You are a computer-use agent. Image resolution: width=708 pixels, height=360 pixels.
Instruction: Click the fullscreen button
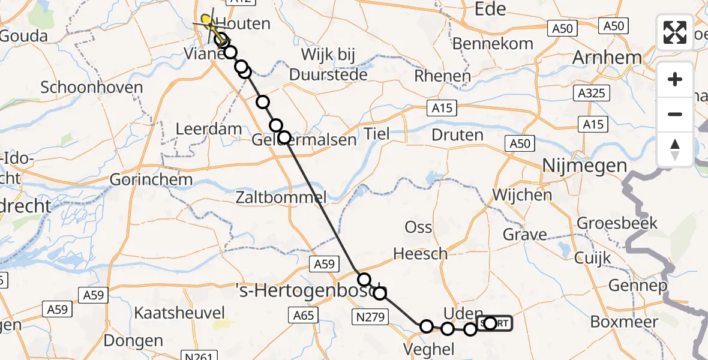click(x=675, y=32)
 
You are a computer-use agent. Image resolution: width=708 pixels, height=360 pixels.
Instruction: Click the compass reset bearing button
click(x=675, y=149)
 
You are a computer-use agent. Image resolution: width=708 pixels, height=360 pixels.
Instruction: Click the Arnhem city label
click(x=605, y=58)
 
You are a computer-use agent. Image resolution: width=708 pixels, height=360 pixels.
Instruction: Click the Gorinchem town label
click(x=151, y=179)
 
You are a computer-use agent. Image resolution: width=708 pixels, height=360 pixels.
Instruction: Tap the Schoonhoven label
click(x=92, y=88)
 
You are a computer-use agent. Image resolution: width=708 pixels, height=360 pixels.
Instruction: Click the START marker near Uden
click(x=495, y=323)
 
